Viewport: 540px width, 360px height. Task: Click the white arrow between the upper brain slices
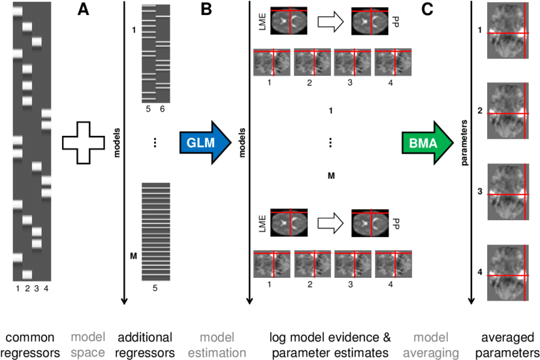click(x=330, y=22)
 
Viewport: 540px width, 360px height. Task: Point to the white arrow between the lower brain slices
click(x=330, y=224)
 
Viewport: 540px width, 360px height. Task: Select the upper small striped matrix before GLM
click(x=156, y=54)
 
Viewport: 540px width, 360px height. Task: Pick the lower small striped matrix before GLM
click(x=156, y=233)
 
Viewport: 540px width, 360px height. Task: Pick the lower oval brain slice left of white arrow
click(x=289, y=224)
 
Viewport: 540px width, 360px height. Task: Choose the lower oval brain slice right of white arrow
click(x=369, y=224)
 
